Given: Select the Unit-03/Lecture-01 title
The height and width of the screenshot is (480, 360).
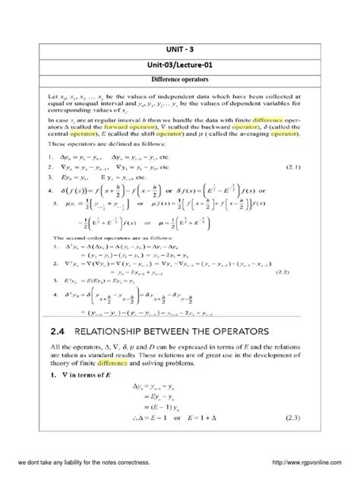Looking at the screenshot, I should pyautogui.click(x=179, y=65).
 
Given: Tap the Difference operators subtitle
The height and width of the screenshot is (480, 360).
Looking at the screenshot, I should pyautogui.click(x=179, y=80).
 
